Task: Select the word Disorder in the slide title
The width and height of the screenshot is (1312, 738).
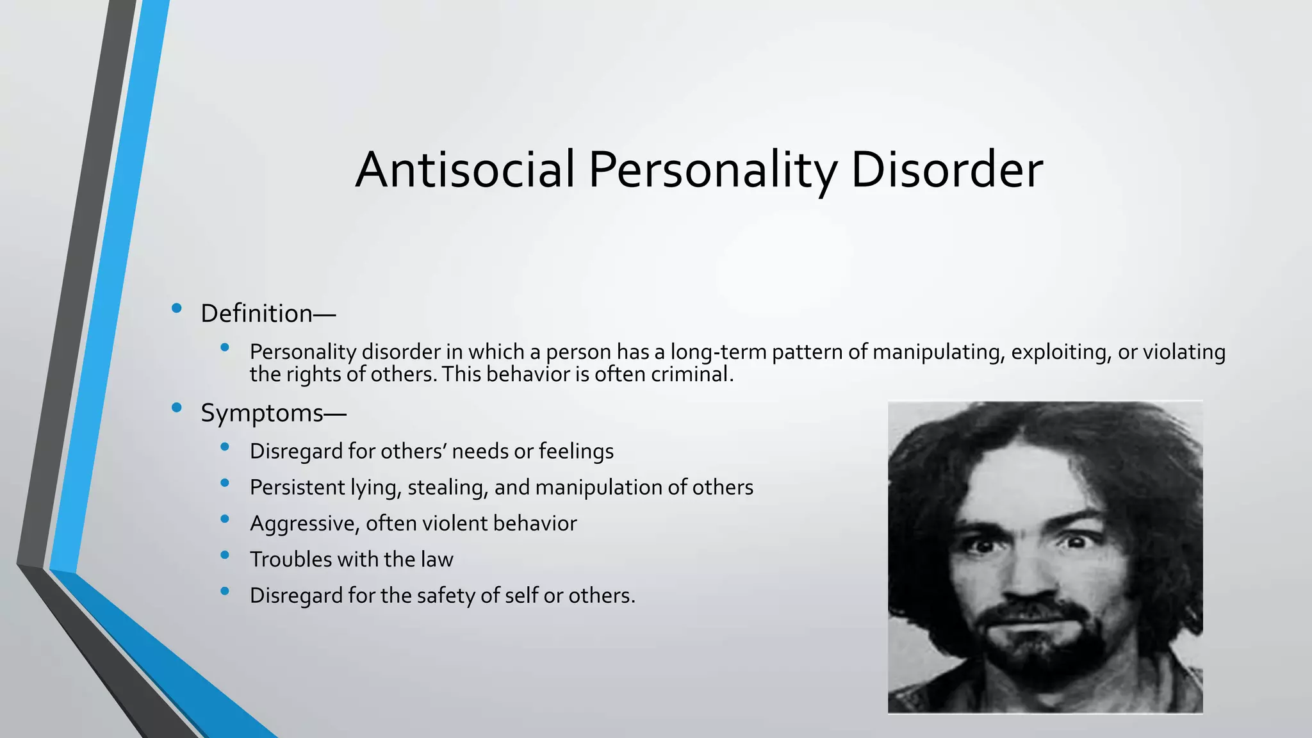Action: click(x=947, y=170)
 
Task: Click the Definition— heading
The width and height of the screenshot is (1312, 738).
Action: click(x=268, y=314)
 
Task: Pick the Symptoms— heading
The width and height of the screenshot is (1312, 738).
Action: click(x=274, y=413)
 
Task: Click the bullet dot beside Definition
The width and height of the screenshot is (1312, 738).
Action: click(x=177, y=309)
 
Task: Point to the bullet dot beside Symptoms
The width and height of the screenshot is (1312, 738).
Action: click(x=177, y=407)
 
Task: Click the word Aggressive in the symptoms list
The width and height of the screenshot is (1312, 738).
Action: click(x=304, y=524)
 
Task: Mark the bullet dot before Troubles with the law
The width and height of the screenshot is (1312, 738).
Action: click(x=224, y=555)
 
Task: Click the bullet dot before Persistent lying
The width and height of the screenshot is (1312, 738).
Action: click(x=224, y=483)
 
